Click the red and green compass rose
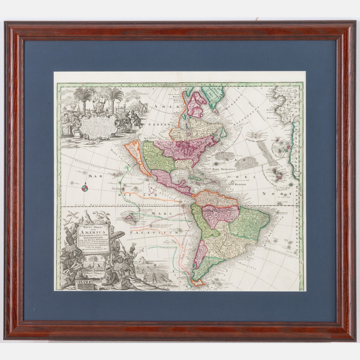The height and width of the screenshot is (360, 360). coord(85,188)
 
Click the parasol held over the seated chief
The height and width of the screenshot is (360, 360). coord(117,235)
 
